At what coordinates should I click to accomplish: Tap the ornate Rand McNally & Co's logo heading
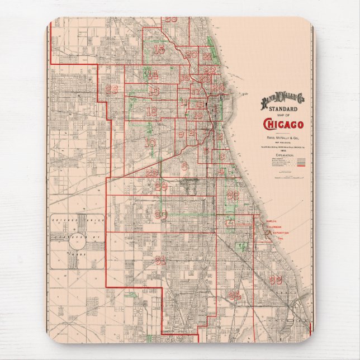point(282,100)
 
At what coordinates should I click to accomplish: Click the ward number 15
point(159,50)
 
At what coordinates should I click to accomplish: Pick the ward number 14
point(152,74)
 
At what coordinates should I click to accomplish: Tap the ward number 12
point(151,111)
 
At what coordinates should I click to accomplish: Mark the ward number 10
point(149,143)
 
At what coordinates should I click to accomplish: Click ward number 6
point(184,165)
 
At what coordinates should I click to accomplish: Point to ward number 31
point(161,260)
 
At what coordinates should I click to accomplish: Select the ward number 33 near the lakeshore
point(276,280)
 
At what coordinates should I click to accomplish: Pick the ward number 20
point(191,54)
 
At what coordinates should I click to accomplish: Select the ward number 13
point(154,91)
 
